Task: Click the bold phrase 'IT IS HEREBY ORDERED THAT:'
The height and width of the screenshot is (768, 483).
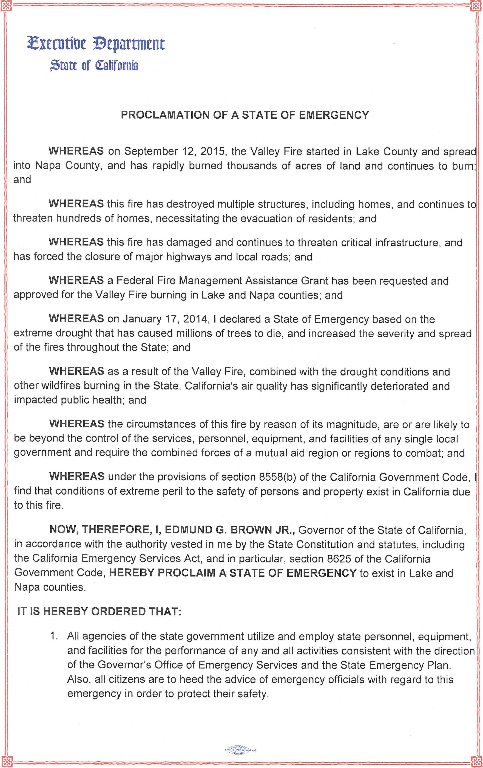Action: click(99, 611)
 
